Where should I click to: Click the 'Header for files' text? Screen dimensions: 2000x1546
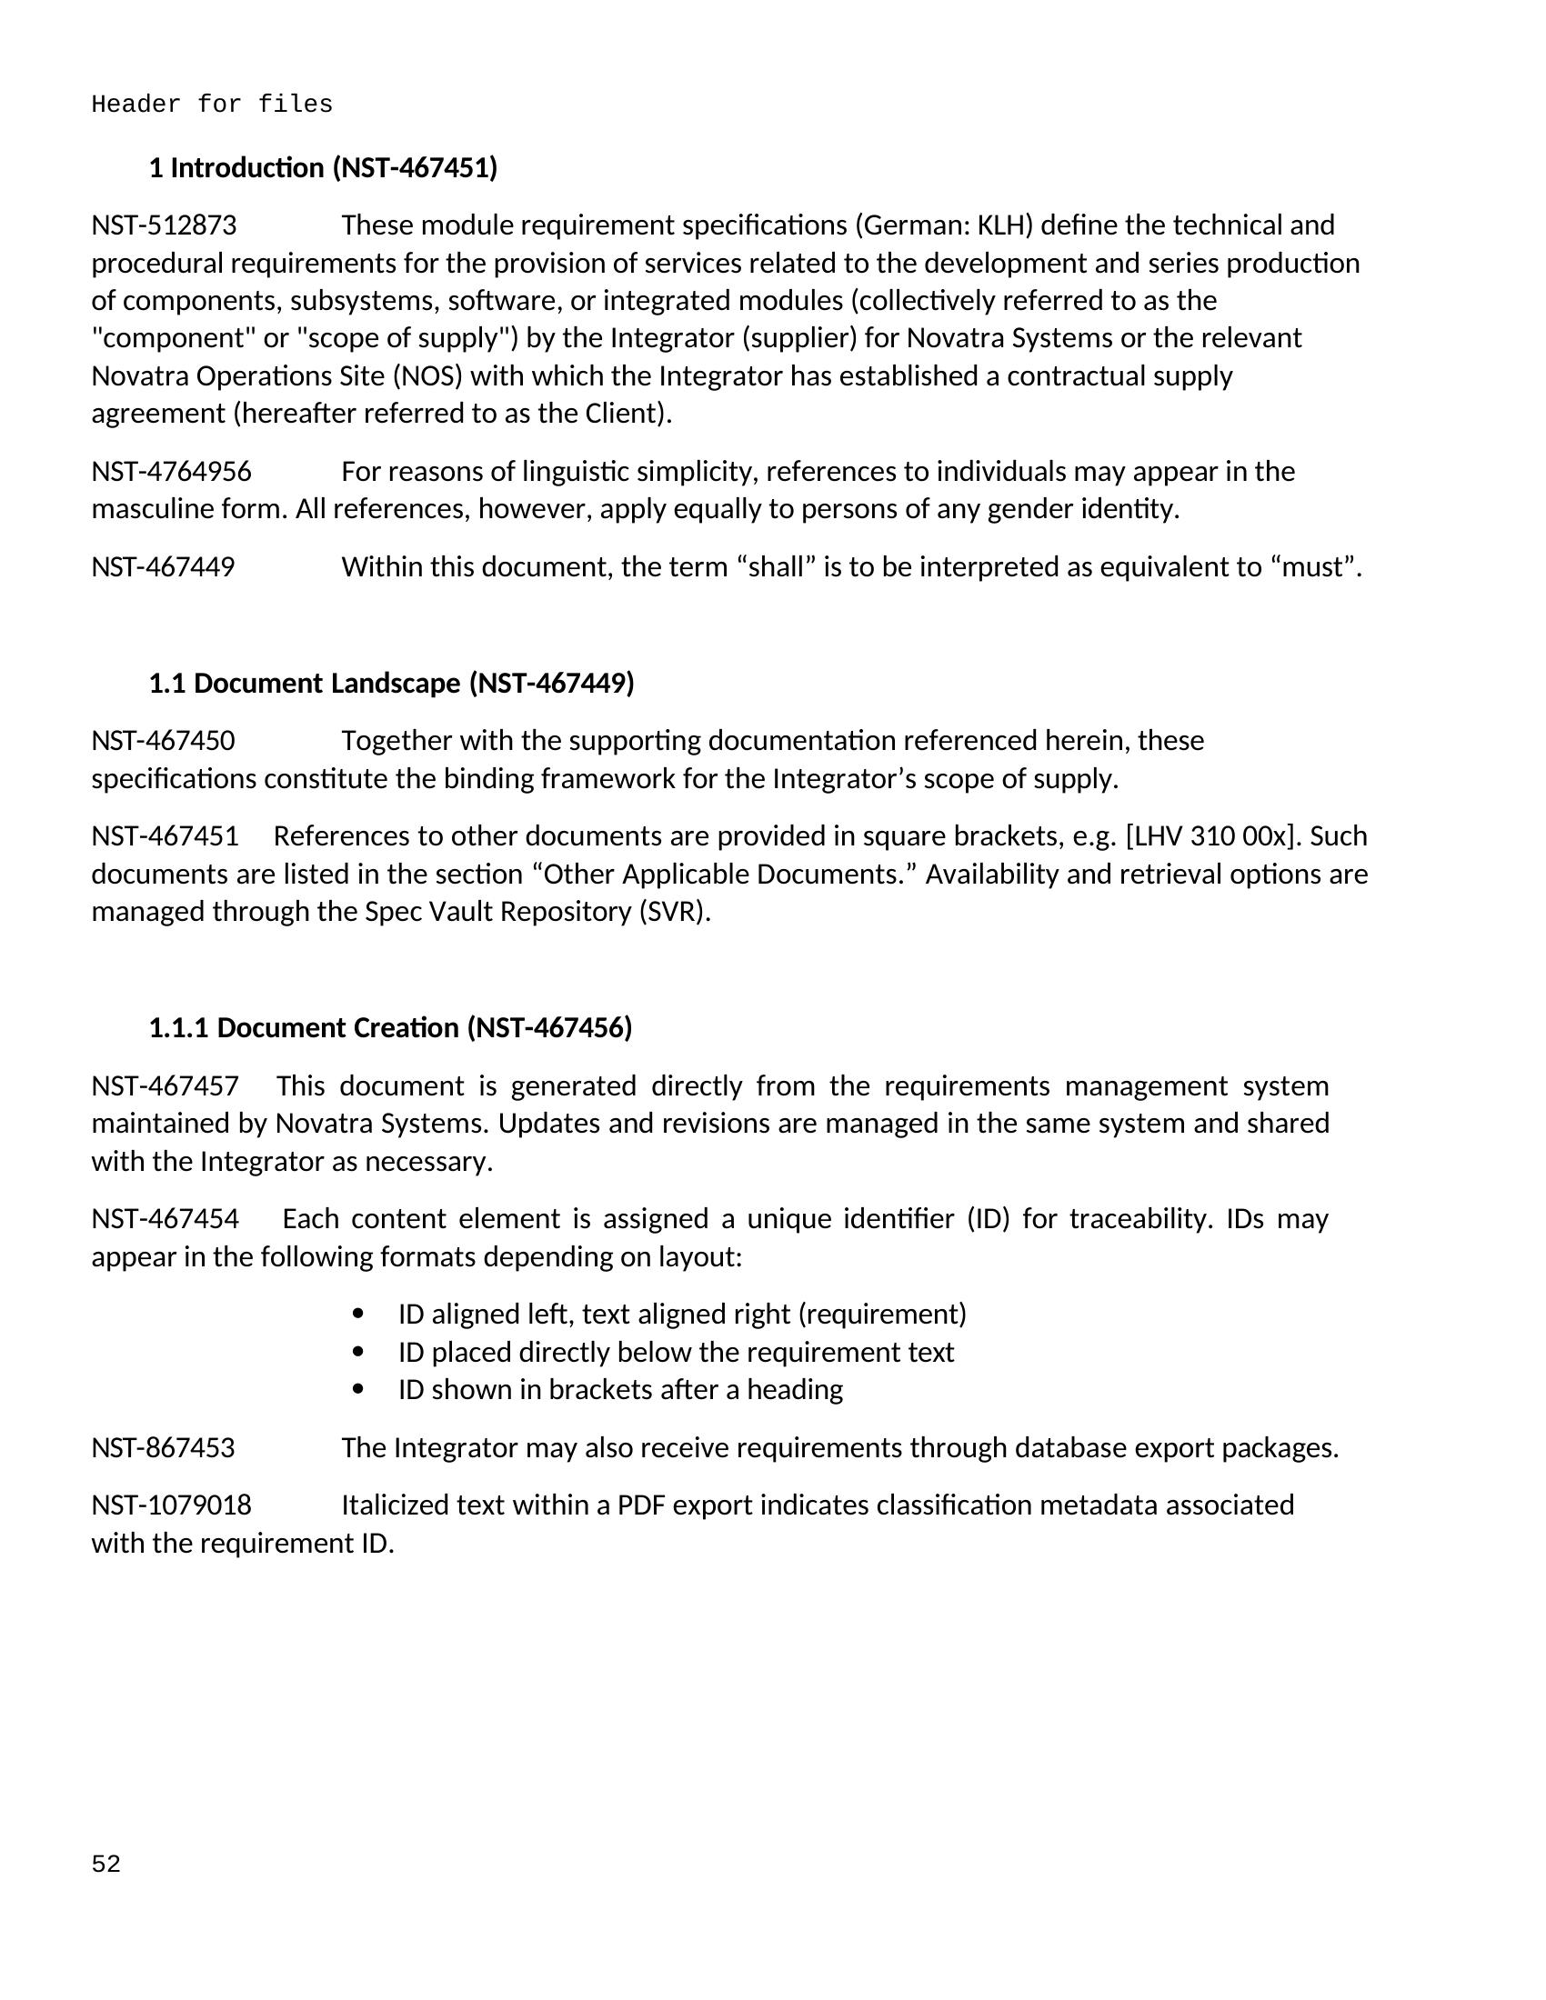point(212,105)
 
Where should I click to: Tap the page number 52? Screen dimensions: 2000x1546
point(106,1865)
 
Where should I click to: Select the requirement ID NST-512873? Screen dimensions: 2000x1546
point(164,225)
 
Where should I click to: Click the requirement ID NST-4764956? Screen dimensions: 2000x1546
point(171,472)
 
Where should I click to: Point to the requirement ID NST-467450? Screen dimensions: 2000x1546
point(163,741)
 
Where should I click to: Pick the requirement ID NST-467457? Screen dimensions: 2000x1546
point(165,1086)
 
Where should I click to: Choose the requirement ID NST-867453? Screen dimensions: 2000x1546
point(163,1448)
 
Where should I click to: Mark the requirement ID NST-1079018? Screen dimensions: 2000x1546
point(171,1505)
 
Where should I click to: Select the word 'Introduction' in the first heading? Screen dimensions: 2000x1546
point(247,168)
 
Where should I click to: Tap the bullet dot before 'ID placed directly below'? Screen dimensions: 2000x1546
point(358,1353)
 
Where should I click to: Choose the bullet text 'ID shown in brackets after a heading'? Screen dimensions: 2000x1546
point(620,1390)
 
